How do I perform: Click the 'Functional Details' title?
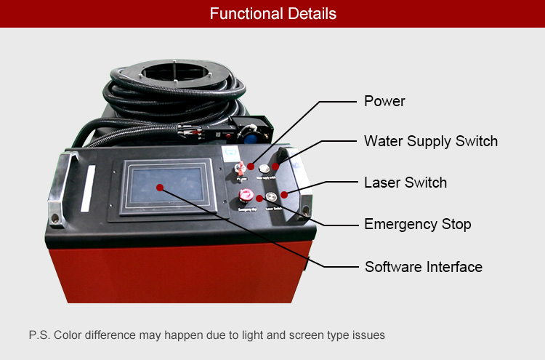272,14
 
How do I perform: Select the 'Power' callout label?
384,100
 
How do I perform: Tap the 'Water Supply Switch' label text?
430,140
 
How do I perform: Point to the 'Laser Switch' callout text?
405,182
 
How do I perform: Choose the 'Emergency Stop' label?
417,224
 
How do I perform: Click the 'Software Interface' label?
423,267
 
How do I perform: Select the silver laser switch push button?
271,196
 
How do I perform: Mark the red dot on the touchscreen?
161,188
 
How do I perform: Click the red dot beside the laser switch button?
283,193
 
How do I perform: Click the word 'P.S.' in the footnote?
39,335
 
